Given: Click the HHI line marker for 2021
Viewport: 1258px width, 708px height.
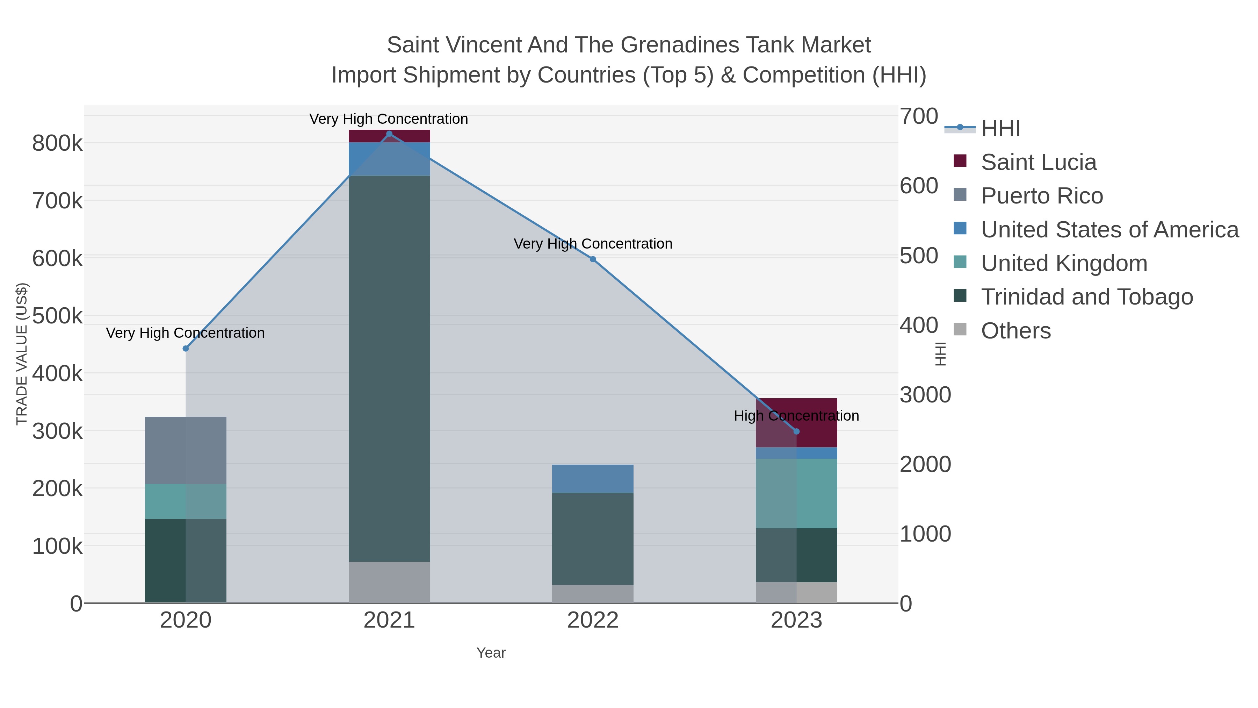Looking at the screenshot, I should click(389, 134).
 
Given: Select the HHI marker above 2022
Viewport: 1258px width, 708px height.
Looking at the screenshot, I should click(593, 259).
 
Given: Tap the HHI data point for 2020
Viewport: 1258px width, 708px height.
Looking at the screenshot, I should click(186, 348).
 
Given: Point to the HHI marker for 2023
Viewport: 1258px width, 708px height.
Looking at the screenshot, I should click(796, 431).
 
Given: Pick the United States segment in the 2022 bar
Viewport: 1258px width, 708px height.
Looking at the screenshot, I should click(593, 479).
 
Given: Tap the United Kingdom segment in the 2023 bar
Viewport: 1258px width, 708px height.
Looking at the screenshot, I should click(796, 493).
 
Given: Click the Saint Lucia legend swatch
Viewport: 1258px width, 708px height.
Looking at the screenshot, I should click(960, 161).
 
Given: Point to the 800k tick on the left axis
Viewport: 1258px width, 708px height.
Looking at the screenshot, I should click(57, 144).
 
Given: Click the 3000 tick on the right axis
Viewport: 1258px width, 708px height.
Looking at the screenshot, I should click(925, 395).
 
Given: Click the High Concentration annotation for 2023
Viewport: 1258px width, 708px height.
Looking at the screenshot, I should click(796, 416).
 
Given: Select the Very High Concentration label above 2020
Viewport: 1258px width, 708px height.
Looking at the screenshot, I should click(186, 333).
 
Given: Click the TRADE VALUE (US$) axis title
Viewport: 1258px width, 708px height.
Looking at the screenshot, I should click(22, 354).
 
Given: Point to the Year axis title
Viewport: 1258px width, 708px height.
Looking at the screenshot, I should click(491, 653).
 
